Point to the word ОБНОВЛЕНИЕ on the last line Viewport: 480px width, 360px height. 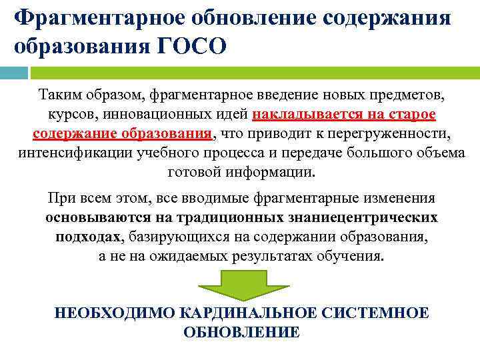pyautogui.click(x=241, y=332)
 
